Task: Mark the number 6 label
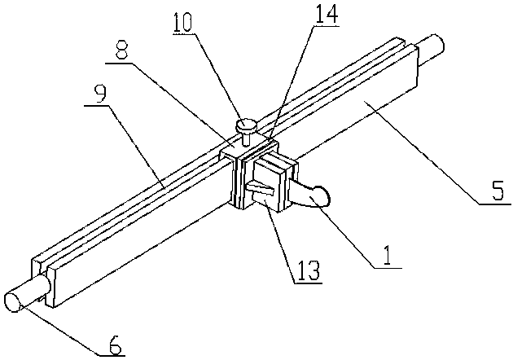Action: [x=114, y=347]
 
